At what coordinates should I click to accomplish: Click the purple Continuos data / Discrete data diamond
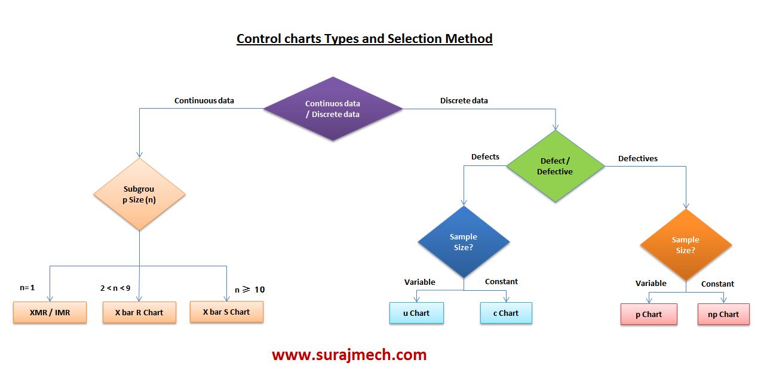click(333, 109)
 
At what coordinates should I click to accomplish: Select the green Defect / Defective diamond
click(555, 167)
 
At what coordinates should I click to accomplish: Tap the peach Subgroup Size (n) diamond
click(139, 195)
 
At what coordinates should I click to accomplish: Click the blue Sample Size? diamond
click(464, 242)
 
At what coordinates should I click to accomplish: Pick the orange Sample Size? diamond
click(685, 245)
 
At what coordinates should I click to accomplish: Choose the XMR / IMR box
click(50, 312)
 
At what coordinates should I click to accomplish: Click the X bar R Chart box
click(139, 312)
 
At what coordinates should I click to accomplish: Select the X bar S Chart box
click(226, 312)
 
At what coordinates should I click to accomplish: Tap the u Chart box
click(416, 313)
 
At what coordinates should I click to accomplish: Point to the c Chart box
click(506, 313)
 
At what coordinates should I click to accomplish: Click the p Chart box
click(649, 314)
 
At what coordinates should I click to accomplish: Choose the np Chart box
click(723, 314)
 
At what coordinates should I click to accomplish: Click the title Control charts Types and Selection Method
click(364, 39)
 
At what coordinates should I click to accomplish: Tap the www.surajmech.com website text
click(349, 355)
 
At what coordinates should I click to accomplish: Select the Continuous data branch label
click(204, 100)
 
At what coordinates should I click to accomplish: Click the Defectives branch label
click(637, 158)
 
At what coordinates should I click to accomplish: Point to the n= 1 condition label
click(27, 288)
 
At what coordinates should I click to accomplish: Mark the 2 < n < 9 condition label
click(115, 288)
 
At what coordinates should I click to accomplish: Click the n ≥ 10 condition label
click(249, 290)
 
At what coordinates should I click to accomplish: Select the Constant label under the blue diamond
click(501, 281)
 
